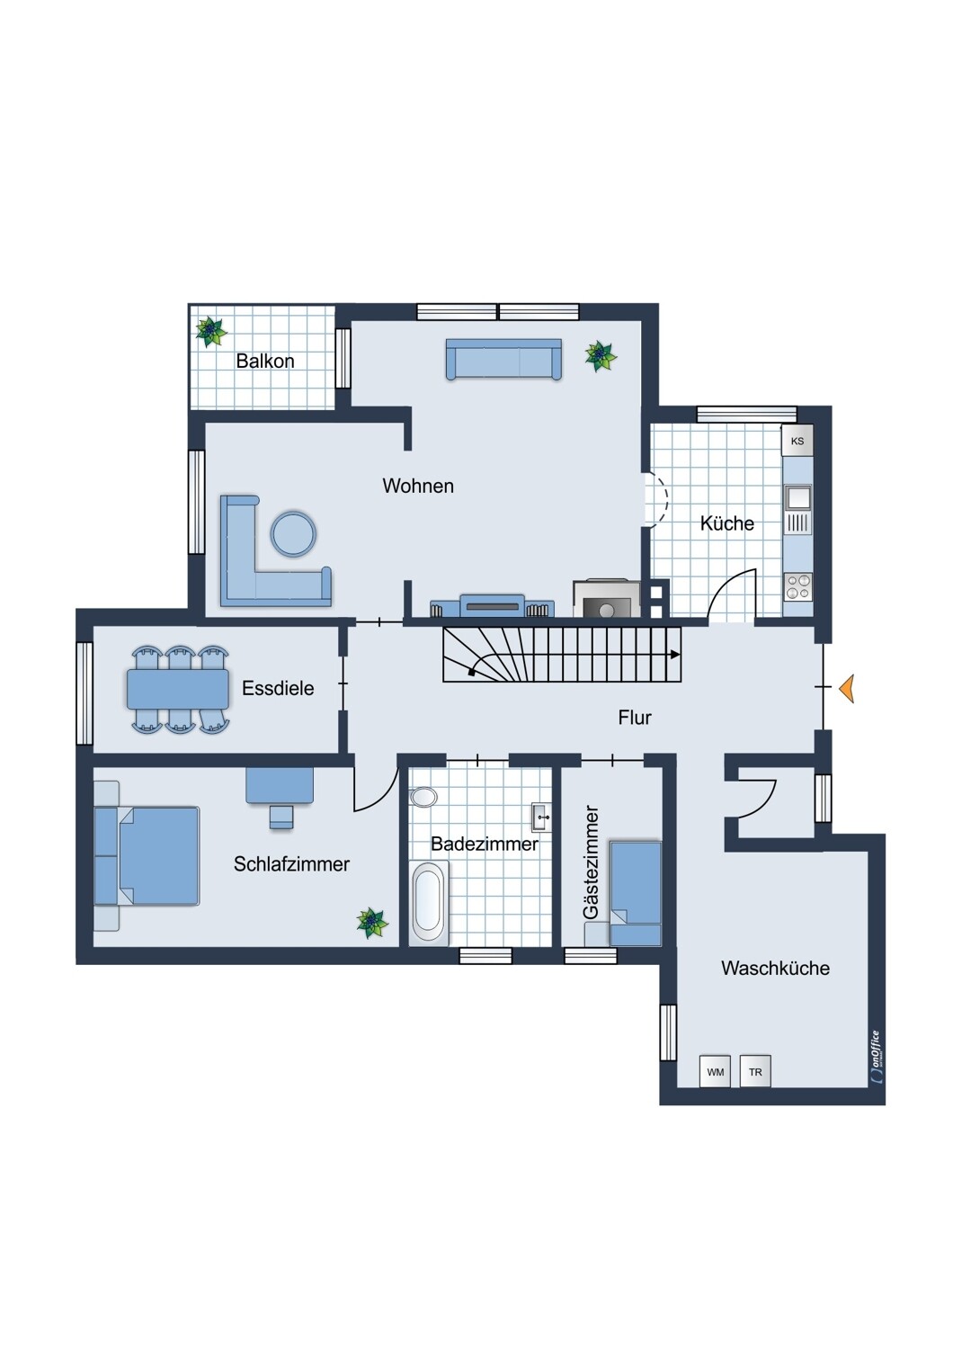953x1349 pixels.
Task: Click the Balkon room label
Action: [x=265, y=362]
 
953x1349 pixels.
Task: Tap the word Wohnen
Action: [x=418, y=486]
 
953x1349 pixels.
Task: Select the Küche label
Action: [x=726, y=523]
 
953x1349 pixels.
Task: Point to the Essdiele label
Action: [x=278, y=688]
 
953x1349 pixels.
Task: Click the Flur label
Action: [x=635, y=718]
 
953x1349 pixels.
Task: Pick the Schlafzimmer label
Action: [x=291, y=863]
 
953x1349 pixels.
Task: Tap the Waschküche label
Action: [x=775, y=968]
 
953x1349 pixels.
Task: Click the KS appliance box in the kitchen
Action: [x=797, y=441]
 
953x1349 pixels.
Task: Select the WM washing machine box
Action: [x=716, y=1072]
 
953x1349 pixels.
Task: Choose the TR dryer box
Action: [x=755, y=1072]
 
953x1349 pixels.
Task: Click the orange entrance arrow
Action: [x=846, y=688]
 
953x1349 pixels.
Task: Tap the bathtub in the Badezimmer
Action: [x=429, y=902]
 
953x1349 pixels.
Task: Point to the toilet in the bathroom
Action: [x=423, y=797]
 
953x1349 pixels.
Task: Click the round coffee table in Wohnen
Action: [x=293, y=533]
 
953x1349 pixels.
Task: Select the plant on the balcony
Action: [x=210, y=331]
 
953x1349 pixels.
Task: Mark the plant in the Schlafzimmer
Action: [x=372, y=923]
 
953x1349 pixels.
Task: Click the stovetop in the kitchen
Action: [x=797, y=587]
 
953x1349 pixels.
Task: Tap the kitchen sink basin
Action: [x=797, y=497]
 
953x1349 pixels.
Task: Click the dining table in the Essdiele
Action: [x=178, y=688]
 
